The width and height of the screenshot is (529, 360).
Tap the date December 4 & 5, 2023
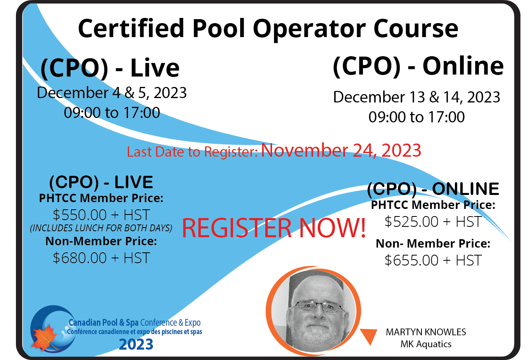pos(112,92)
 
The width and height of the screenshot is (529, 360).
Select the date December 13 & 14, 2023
pos(417,97)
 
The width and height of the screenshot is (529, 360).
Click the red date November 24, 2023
pos(341,150)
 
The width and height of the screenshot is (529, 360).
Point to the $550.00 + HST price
pos(101,214)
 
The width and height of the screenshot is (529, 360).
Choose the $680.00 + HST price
pos(101,258)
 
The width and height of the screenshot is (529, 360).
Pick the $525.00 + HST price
pos(433,222)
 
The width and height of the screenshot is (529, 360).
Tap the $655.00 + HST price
pos(433,260)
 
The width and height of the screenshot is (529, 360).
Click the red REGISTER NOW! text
pos(274,228)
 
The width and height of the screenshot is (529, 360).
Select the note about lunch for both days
pos(101,228)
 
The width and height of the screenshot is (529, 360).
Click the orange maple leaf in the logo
pos(45,337)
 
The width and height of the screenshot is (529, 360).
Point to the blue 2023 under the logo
pos(136,344)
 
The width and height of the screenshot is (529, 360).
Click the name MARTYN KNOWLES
pos(426,332)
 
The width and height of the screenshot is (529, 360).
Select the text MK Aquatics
pos(426,344)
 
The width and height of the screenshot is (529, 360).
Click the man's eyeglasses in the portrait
pos(318,307)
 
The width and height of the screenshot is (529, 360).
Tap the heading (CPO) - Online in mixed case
pos(418,67)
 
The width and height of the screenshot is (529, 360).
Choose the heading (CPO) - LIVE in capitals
pos(101,182)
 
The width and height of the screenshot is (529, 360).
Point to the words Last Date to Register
pos(192,152)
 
